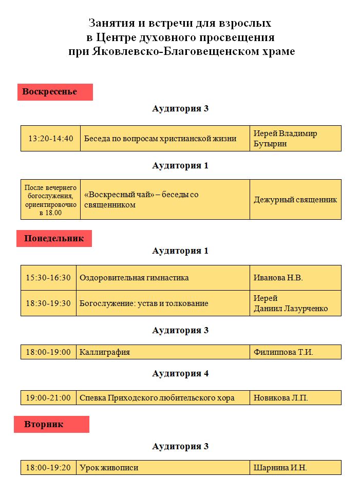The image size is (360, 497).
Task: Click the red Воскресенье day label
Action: click(x=55, y=92)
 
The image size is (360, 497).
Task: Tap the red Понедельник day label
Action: click(x=54, y=239)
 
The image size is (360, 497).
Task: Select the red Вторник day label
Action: click(x=51, y=425)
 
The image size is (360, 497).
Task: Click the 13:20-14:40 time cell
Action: click(x=51, y=139)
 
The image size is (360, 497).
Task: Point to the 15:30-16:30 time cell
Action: click(x=48, y=278)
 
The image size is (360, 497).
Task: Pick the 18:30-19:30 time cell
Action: click(x=48, y=303)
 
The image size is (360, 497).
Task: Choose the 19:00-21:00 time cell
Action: click(x=48, y=398)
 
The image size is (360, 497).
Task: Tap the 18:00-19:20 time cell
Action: click(x=48, y=468)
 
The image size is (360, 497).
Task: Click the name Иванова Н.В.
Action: click(x=278, y=278)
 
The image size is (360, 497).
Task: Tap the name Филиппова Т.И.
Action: click(x=283, y=352)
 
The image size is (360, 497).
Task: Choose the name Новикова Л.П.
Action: click(x=281, y=398)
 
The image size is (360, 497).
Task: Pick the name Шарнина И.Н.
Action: click(x=280, y=468)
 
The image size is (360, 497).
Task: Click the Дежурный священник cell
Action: click(x=295, y=200)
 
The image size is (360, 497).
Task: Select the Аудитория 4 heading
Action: click(x=180, y=374)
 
